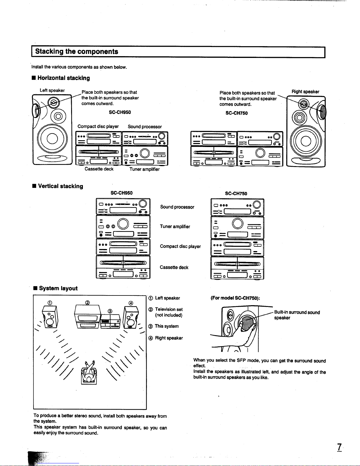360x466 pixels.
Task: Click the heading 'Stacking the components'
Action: point(76,51)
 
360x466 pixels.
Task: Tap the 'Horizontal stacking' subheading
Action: point(63,78)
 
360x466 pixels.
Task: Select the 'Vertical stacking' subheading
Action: point(61,186)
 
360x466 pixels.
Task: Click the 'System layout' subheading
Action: point(58,288)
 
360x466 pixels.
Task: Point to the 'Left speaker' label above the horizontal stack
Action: point(52,90)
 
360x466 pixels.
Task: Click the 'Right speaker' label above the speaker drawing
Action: point(305,91)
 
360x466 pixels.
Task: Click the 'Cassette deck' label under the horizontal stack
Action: point(99,169)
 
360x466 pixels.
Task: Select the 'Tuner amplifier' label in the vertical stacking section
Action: point(175,226)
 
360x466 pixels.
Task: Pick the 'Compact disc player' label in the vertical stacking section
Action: point(180,246)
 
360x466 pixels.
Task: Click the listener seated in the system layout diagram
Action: point(89,373)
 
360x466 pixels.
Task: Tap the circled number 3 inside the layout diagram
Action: point(110,311)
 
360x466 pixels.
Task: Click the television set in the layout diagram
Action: point(88,317)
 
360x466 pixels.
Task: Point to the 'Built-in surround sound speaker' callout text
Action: point(297,315)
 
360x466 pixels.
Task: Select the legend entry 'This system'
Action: point(167,326)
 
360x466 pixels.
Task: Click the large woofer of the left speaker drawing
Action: point(52,138)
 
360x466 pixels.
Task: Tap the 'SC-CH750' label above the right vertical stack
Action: point(236,193)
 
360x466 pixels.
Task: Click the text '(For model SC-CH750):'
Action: point(235,298)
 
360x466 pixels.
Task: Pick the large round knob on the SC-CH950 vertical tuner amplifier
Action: point(123,224)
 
